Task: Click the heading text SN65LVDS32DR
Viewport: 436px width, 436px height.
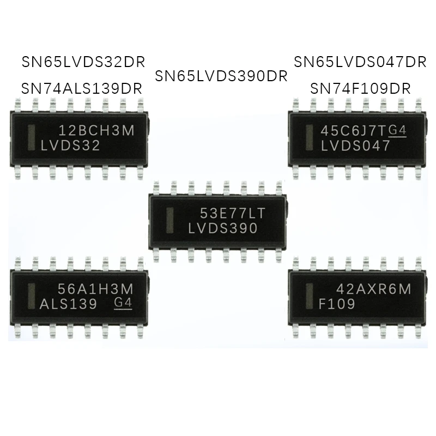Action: [83, 61]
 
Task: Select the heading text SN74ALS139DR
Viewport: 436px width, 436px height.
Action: [81, 88]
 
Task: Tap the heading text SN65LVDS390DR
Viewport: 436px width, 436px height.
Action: [221, 76]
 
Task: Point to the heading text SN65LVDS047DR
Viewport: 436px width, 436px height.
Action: [360, 62]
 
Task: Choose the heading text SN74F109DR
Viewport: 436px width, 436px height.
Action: [360, 88]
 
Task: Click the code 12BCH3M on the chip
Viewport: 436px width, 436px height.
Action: [96, 130]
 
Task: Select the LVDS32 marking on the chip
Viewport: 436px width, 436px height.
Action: [70, 146]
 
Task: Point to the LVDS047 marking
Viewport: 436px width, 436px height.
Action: [355, 146]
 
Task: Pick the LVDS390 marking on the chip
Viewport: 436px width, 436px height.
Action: [222, 229]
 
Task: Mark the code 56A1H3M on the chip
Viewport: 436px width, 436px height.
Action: [96, 289]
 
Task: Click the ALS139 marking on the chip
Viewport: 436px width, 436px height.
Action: [69, 304]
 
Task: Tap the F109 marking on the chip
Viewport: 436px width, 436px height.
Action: [336, 304]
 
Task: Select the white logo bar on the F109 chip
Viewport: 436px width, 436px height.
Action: [310, 296]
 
